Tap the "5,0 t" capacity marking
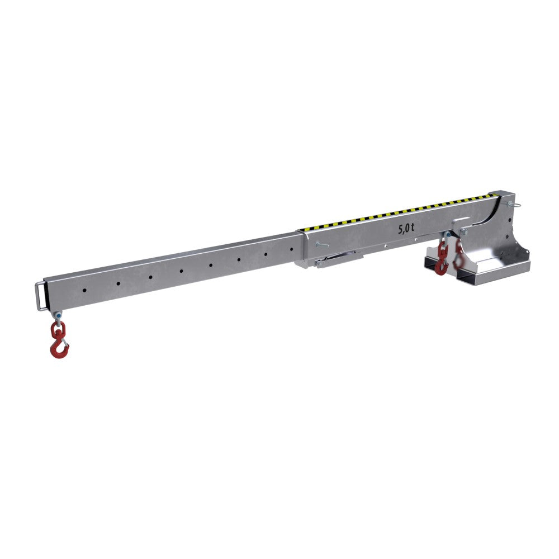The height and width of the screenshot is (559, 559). [406, 228]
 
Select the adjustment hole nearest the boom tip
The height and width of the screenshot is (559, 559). [84, 290]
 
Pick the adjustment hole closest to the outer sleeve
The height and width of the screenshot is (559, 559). [292, 249]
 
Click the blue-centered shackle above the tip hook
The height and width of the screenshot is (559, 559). [58, 315]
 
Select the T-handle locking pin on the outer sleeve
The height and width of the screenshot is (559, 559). [321, 245]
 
